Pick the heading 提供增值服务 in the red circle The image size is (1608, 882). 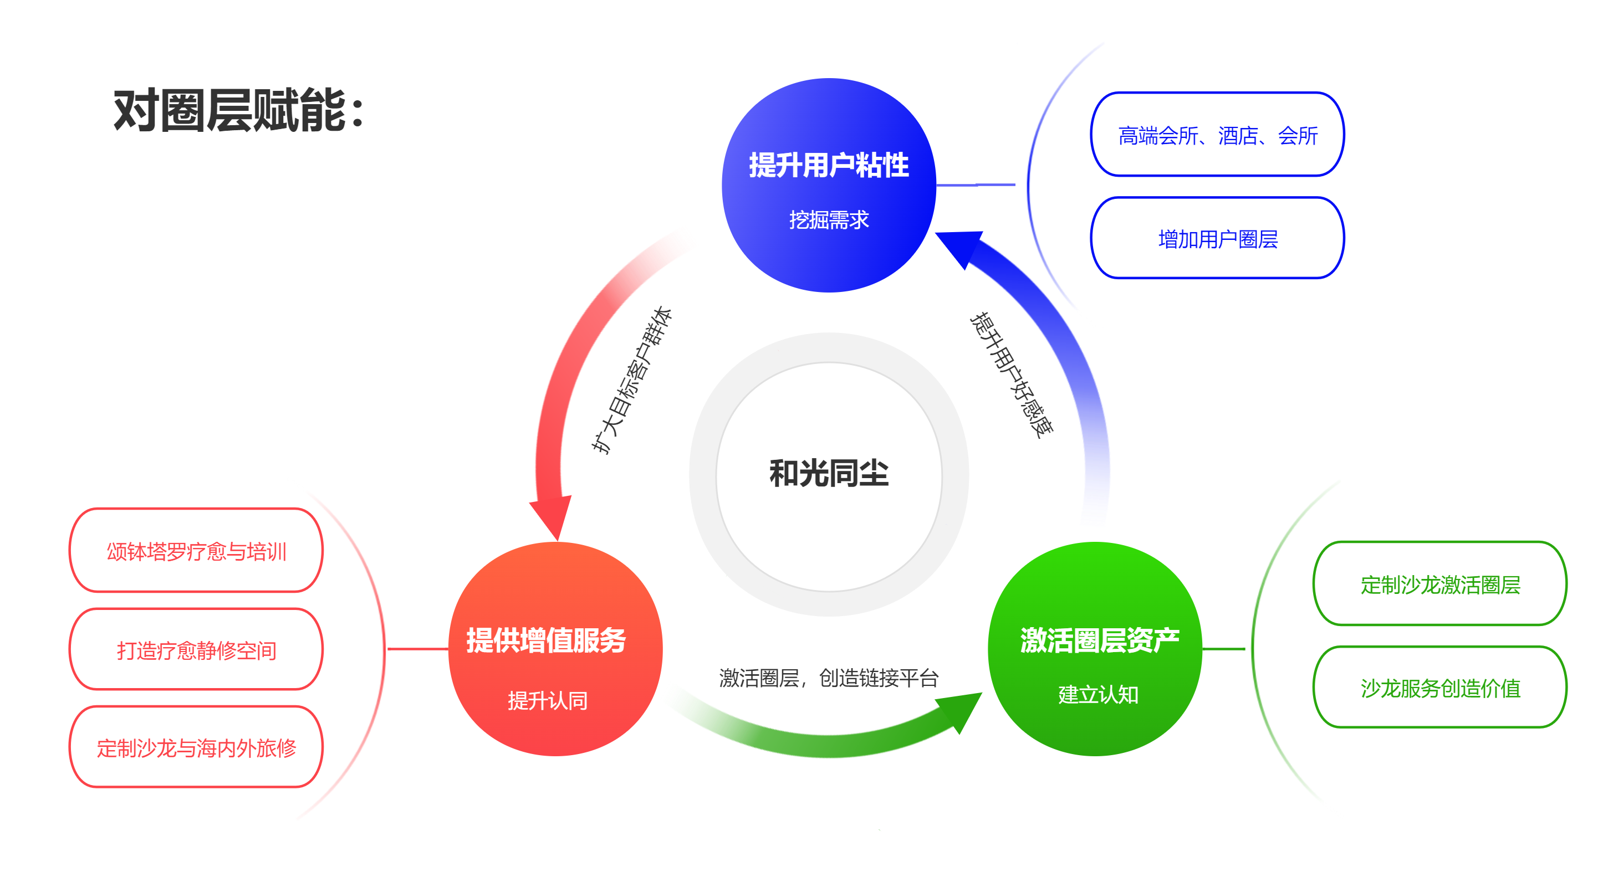pos(545,640)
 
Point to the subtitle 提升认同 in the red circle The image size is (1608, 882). pos(548,700)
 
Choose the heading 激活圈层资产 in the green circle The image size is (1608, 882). pos(1099,640)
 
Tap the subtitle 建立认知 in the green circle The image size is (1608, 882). pos(1098,694)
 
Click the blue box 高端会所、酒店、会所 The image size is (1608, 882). pos(1217,134)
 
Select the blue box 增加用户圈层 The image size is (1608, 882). pos(1217,238)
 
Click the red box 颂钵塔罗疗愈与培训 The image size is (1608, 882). pos(196,550)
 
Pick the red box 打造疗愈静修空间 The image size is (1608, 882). pos(196,649)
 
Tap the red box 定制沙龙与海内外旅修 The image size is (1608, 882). pos(196,747)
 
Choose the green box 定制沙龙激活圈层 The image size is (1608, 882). pos(1440,583)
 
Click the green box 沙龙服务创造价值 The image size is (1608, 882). pos(1440,687)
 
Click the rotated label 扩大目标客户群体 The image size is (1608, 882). pos(631,380)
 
